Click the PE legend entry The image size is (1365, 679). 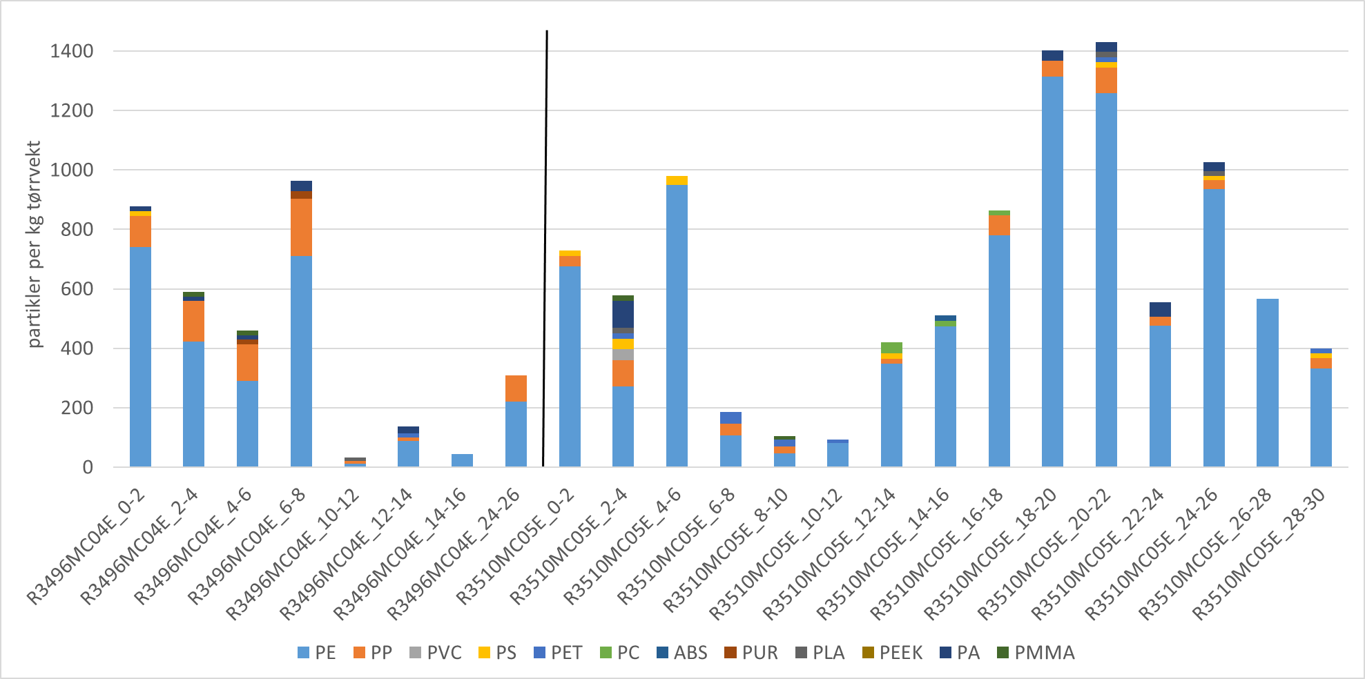[x=317, y=653]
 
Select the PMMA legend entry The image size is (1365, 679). [x=1036, y=653]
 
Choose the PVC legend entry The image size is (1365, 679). [x=436, y=653]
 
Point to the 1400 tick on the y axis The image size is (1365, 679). [x=72, y=51]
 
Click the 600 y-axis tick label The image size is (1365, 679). [x=78, y=289]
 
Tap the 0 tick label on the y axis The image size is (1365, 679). [x=88, y=467]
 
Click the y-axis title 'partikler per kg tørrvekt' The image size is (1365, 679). [x=35, y=244]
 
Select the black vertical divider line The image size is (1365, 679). [x=545, y=248]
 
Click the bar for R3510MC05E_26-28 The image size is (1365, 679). [x=1268, y=383]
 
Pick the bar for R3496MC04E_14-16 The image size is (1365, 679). [x=462, y=460]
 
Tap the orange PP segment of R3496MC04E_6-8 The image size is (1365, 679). [x=301, y=227]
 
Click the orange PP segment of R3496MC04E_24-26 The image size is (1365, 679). [x=516, y=388]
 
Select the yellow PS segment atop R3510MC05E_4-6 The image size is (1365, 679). [x=677, y=181]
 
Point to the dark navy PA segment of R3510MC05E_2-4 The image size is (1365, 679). [x=623, y=314]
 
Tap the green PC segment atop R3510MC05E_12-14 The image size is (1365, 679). [x=891, y=348]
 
